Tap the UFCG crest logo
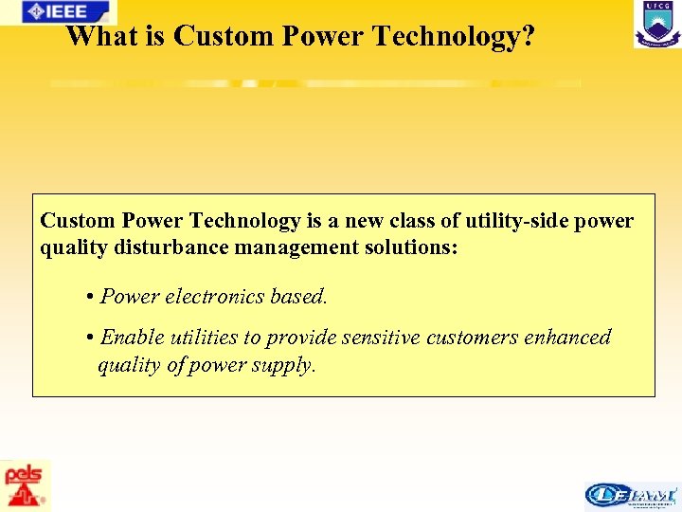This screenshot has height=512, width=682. tap(656, 24)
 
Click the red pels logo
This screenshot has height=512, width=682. tap(26, 485)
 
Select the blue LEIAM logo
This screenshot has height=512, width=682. tap(631, 495)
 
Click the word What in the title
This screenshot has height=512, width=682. tap(100, 37)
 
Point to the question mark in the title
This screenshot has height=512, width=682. tap(528, 37)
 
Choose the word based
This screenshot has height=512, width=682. tap(298, 296)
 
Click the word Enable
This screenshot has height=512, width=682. tap(132, 338)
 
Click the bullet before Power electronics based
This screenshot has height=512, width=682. tap(88, 297)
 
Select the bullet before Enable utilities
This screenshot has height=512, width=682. tap(88, 338)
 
